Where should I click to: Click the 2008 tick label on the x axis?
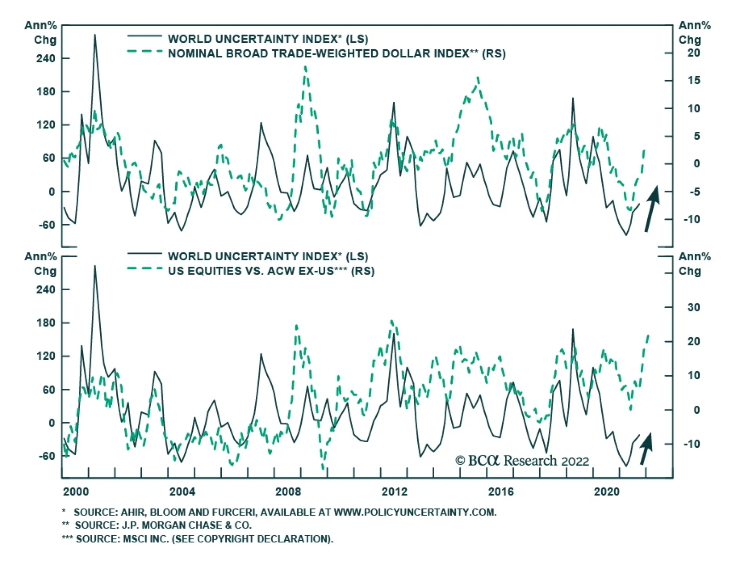tap(288, 491)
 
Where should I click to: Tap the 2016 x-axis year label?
tap(500, 491)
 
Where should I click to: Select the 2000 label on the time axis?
tap(76, 491)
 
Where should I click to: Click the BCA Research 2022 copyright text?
tap(522, 461)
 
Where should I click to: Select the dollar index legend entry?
tap(336, 53)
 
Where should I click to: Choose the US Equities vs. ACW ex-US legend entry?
tap(271, 271)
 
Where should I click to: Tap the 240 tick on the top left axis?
tap(46, 58)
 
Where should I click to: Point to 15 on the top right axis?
tap(693, 81)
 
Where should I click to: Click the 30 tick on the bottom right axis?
tap(693, 307)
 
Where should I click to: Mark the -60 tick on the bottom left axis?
tap(46, 456)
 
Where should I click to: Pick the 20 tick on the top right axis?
tap(693, 53)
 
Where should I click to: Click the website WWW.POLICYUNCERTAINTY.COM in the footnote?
tap(415, 512)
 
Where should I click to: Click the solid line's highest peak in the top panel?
tap(95, 35)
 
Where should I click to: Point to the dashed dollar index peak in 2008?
tap(306, 67)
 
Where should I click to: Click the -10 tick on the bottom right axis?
tap(691, 444)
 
